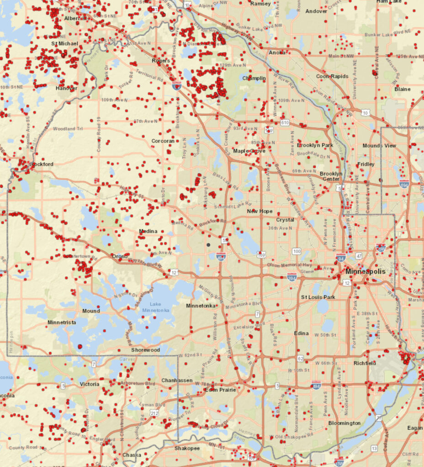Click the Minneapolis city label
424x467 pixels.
(x=365, y=271)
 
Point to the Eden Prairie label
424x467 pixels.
(x=220, y=390)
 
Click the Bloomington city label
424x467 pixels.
(x=344, y=423)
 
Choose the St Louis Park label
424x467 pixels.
(x=318, y=297)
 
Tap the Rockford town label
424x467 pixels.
(x=42, y=164)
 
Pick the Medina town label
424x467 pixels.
(x=148, y=232)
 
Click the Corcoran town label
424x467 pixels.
(x=163, y=141)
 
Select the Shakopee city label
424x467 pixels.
(x=187, y=448)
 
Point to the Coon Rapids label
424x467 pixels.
(x=332, y=76)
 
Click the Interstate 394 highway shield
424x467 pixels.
(x=291, y=276)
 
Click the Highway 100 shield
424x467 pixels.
(x=297, y=251)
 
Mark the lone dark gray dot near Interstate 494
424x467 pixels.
(x=208, y=245)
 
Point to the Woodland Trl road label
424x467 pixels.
(x=67, y=129)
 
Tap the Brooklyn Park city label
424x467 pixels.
(x=315, y=145)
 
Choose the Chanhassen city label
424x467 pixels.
(x=177, y=380)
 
